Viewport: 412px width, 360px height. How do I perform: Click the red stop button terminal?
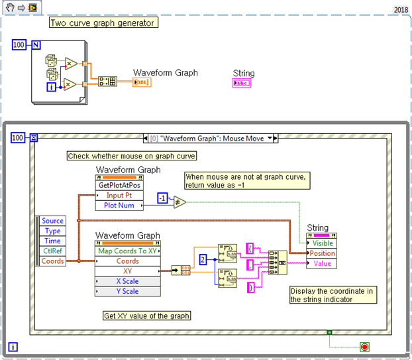click(364, 346)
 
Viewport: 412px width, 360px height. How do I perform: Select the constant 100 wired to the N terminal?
click(19, 44)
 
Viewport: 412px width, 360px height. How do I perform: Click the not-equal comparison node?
click(180, 202)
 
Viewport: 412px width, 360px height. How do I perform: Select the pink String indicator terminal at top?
click(242, 83)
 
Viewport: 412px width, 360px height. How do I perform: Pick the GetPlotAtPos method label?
click(119, 185)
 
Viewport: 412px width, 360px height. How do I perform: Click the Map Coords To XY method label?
click(127, 251)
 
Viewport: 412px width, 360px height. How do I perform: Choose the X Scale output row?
click(127, 281)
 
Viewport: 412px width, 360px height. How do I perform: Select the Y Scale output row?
click(127, 291)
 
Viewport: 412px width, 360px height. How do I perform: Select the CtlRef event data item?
click(53, 251)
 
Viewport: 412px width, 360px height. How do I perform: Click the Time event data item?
click(53, 241)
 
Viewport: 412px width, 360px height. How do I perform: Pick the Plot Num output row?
click(119, 205)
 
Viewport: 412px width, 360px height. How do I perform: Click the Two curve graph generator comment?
click(103, 23)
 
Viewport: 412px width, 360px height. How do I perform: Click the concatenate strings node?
click(278, 263)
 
